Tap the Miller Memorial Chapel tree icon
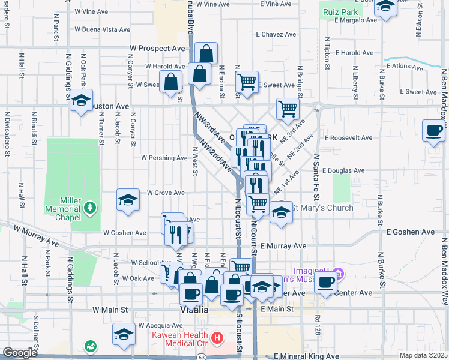tap(91, 207)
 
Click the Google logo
tap(19, 353)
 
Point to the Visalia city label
tap(194, 310)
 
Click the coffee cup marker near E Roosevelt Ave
tap(433, 130)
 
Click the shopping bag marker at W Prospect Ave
tap(206, 53)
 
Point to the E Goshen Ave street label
tap(411, 232)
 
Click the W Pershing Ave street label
tap(164, 158)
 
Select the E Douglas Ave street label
tap(343, 170)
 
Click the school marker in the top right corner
tap(386, 6)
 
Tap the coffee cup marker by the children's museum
tap(327, 282)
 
